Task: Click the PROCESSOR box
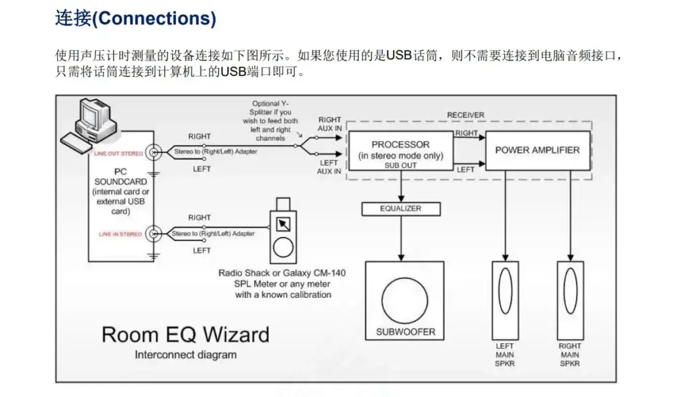coord(400,151)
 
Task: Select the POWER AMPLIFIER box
coord(537,150)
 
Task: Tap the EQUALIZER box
coord(400,209)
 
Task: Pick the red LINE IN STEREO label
coord(121,234)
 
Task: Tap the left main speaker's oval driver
coord(505,292)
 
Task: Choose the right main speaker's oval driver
coord(570,292)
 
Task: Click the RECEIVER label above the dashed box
coord(466,116)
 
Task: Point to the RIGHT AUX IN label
coord(329,124)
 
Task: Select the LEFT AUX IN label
coord(329,167)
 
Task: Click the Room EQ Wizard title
coord(185,335)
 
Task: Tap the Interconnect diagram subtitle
coord(185,354)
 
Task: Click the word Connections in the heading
coord(153,19)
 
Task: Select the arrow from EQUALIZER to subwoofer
coord(401,238)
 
